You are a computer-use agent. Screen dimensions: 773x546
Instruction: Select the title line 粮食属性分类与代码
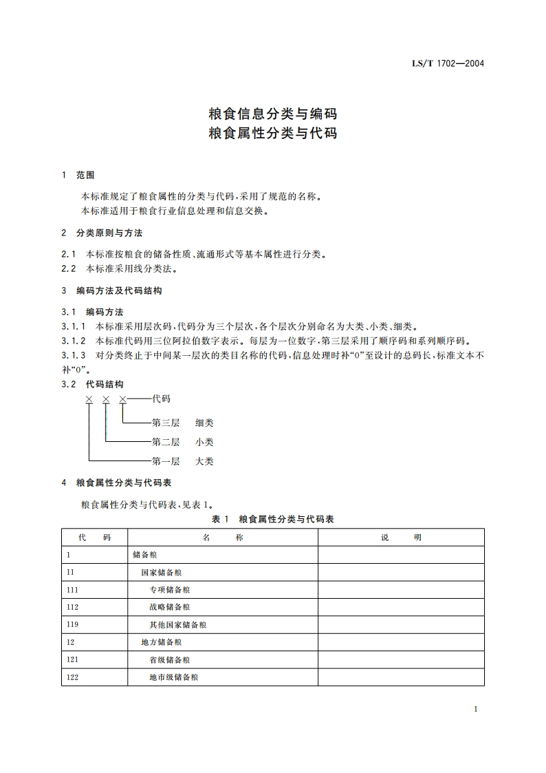point(272,133)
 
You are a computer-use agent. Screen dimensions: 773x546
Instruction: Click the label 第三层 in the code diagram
point(165,423)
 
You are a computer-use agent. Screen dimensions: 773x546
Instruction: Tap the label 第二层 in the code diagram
point(165,442)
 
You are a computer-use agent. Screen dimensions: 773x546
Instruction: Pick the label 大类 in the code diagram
point(204,461)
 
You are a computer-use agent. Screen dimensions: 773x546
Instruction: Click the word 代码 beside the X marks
point(161,399)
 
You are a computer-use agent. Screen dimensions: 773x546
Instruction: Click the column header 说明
point(401,538)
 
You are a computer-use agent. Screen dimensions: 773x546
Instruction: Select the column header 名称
point(223,538)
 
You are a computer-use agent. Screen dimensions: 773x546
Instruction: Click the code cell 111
point(73,590)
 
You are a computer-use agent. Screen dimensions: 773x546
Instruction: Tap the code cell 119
point(73,625)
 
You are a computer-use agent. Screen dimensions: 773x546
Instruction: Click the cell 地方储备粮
point(162,642)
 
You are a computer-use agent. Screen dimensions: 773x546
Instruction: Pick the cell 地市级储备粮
point(174,677)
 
